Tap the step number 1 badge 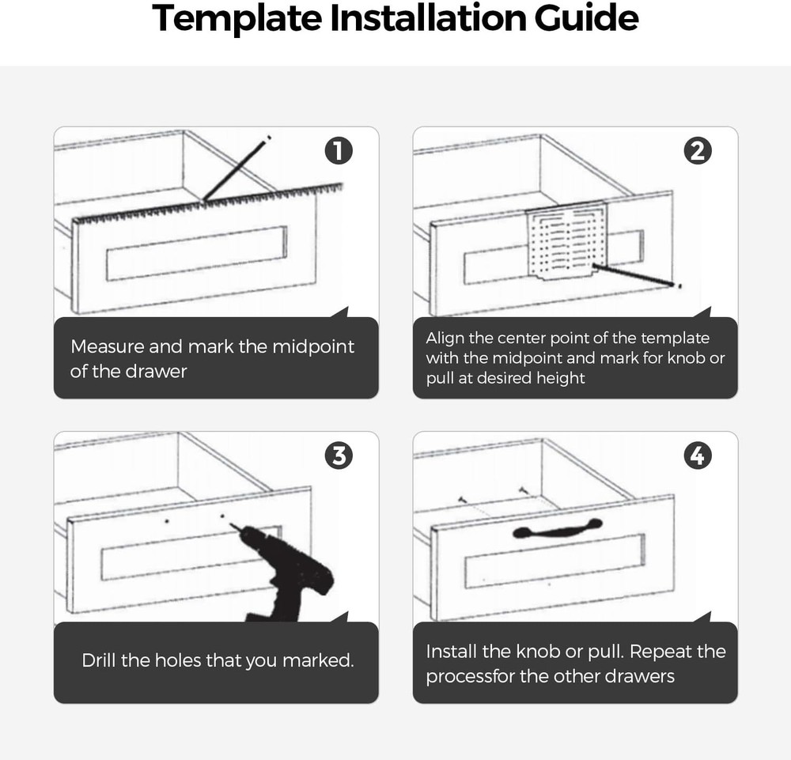(x=339, y=151)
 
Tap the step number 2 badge (x=697, y=151)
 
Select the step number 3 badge (x=339, y=456)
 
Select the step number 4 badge (x=697, y=456)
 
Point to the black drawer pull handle (x=557, y=529)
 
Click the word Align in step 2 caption (x=445, y=338)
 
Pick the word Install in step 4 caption (x=453, y=652)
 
